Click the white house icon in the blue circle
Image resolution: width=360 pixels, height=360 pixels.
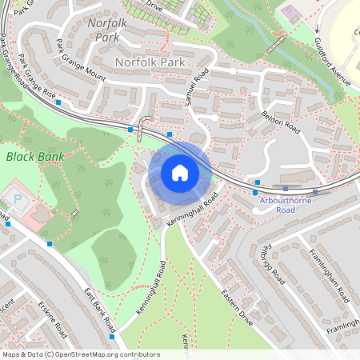pyautogui.click(x=179, y=173)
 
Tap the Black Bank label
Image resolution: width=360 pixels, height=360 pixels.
pyautogui.click(x=34, y=157)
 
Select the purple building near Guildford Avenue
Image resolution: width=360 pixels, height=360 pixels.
pyautogui.click(x=290, y=14)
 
